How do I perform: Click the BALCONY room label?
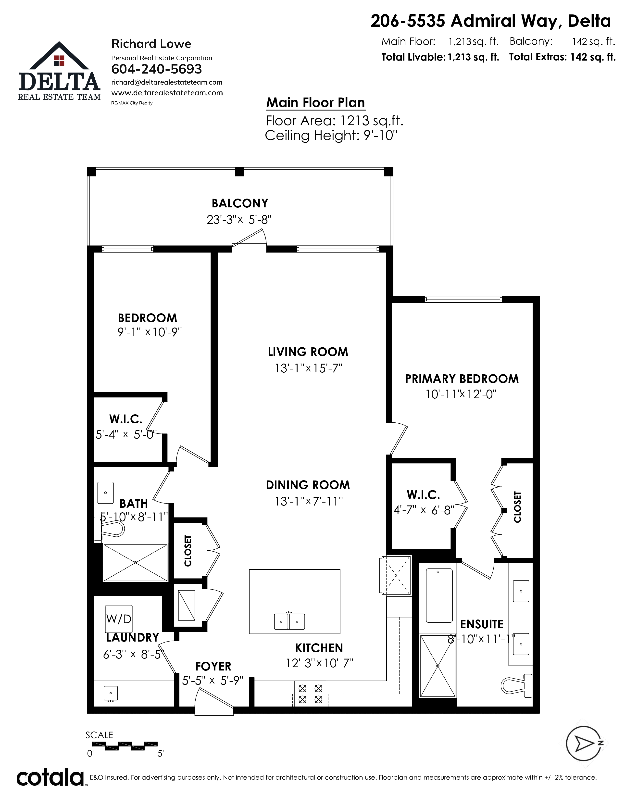tap(239, 203)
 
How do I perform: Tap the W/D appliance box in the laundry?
tap(118, 619)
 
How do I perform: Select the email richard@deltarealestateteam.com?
tap(167, 82)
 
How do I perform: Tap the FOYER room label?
tap(213, 666)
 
